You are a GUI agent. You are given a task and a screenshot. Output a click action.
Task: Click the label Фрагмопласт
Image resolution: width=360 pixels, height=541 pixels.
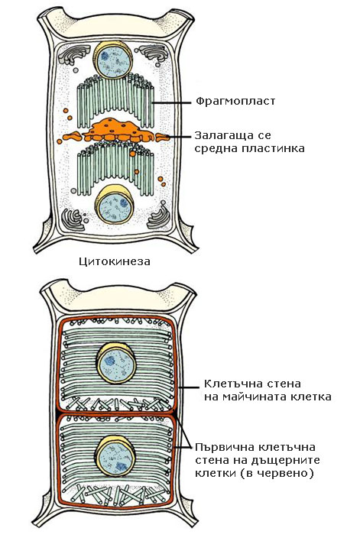(235, 102)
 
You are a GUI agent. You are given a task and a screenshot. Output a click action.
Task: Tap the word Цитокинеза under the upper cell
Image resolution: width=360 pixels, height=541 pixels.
(115, 261)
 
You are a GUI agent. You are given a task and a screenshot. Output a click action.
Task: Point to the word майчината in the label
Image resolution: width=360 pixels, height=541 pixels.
(257, 397)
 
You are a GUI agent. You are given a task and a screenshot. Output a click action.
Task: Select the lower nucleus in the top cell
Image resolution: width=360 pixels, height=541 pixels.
(115, 205)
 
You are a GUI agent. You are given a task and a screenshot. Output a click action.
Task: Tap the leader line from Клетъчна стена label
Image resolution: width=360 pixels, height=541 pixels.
(188, 388)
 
